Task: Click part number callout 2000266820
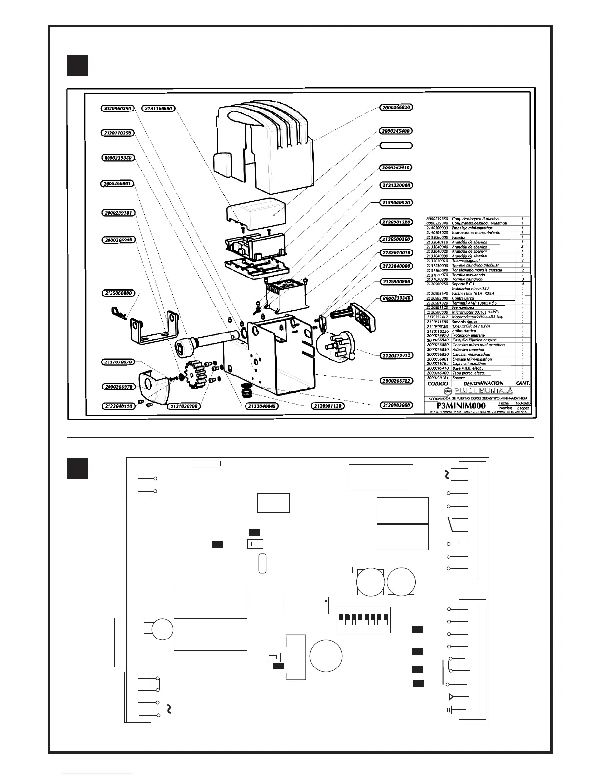(396, 107)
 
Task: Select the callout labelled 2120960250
(117, 108)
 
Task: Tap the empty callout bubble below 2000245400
(396, 146)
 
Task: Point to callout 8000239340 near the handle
(396, 298)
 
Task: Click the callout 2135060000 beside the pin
(119, 293)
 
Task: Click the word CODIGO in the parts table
(438, 383)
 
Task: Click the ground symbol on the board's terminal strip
(450, 710)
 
